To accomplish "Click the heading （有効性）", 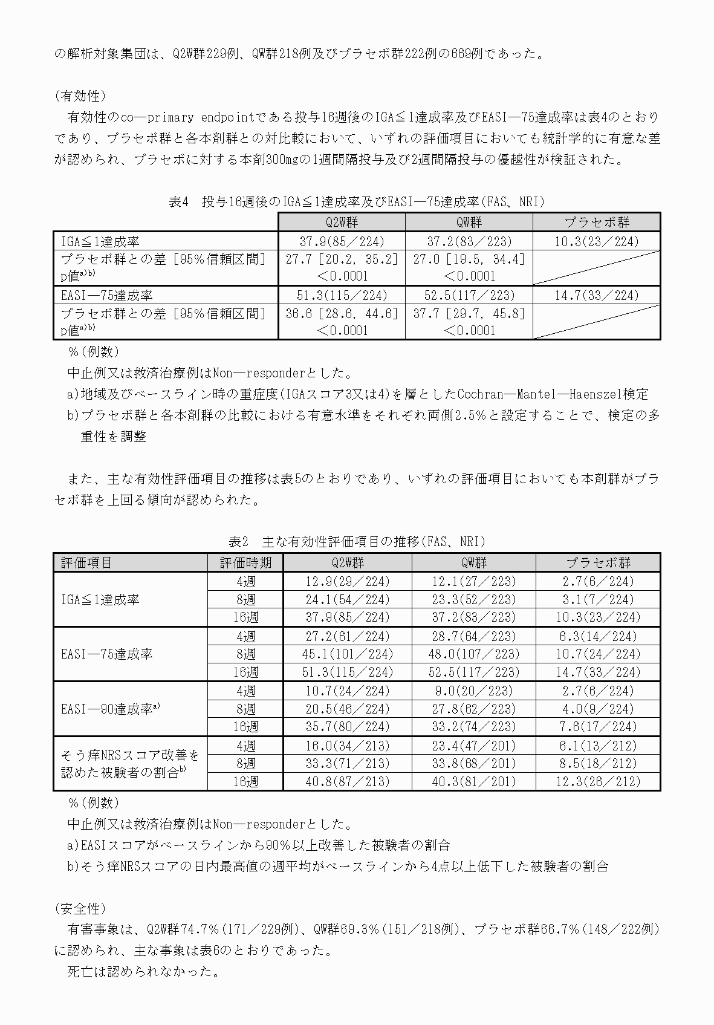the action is tap(80, 96).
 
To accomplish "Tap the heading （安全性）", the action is tap(80, 908).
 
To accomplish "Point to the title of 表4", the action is tap(357, 202).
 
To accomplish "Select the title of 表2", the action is tap(357, 542).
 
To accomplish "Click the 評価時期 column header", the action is tap(245, 563).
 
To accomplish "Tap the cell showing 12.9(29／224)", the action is tap(347, 582).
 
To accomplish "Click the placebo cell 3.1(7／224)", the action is tap(597, 600).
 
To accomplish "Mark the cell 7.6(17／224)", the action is tap(597, 727).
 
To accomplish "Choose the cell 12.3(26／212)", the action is tap(597, 782).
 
